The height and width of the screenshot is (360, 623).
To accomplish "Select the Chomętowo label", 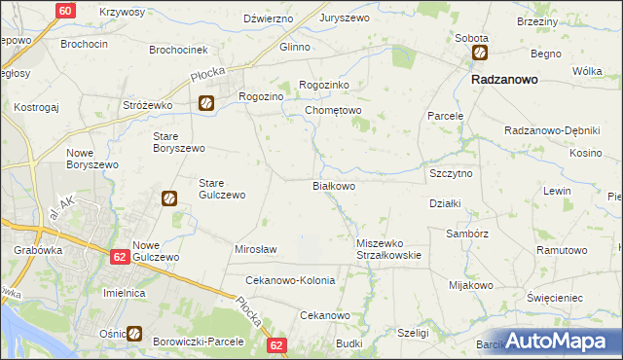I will pos(333,111).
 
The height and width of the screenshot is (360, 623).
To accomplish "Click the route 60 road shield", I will pos(64,11).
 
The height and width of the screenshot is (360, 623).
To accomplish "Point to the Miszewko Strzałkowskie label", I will pos(388,249).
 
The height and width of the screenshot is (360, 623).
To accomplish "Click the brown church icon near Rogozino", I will pos(206,102).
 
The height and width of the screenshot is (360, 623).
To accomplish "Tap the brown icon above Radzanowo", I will pos(480,54).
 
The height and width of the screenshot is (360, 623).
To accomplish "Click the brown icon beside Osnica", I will pos(134,334).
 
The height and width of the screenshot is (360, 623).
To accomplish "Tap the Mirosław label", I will pos(256,249).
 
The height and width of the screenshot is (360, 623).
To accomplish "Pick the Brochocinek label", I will pos(179,49).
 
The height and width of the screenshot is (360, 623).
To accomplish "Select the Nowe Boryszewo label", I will pos(92,159).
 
